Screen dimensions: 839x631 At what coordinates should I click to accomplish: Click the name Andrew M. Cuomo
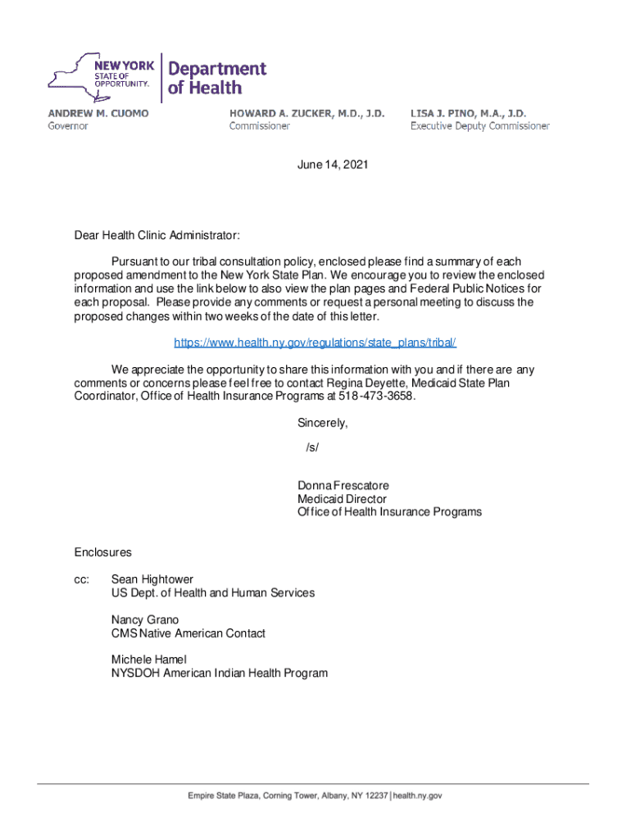click(98, 113)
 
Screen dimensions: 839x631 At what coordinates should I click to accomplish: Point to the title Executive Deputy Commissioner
click(479, 126)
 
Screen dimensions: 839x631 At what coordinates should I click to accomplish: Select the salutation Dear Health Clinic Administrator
click(157, 236)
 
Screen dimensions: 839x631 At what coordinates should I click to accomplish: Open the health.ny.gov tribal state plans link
click(315, 342)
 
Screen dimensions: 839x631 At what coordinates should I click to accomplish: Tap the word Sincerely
click(322, 424)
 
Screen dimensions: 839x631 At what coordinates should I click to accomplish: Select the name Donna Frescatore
click(343, 486)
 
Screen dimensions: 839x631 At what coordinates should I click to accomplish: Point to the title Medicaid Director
click(342, 499)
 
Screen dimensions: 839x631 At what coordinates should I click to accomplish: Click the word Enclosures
click(102, 553)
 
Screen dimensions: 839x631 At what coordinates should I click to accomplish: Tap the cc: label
click(81, 579)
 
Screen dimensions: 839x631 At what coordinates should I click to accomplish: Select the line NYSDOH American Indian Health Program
click(219, 673)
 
